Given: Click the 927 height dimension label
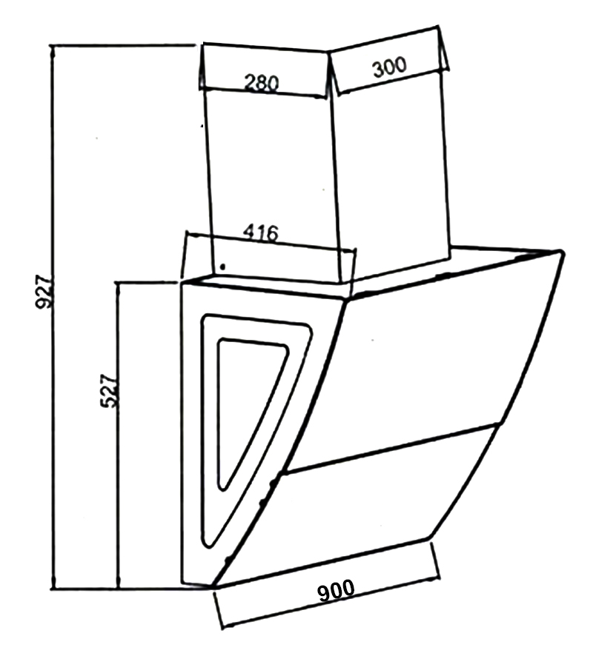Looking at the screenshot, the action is [44, 292].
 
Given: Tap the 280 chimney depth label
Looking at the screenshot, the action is [262, 83].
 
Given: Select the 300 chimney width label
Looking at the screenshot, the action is [389, 67].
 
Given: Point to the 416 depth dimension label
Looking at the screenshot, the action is [260, 232].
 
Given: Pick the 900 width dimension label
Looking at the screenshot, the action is [337, 590].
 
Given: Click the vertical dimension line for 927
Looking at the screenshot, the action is [53, 316].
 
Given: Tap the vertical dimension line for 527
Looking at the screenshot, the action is [119, 435].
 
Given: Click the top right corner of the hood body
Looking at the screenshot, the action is [562, 252].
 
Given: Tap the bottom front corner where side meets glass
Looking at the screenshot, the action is [214, 586].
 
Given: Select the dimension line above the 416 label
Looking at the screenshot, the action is [270, 241].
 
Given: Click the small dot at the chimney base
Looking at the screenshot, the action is [223, 266].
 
